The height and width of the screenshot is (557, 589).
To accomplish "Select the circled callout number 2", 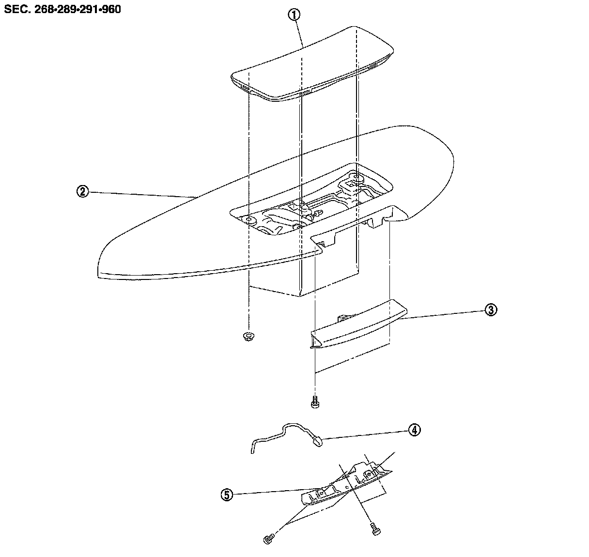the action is click(x=82, y=192).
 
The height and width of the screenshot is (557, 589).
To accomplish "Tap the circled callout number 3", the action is click(x=490, y=310).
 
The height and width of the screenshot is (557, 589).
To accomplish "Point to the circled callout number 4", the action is click(x=414, y=430).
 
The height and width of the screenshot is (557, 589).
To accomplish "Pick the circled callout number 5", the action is click(x=227, y=495).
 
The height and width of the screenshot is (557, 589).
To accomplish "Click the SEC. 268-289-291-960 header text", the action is click(x=63, y=9).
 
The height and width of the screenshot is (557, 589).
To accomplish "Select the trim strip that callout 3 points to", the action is click(x=358, y=325).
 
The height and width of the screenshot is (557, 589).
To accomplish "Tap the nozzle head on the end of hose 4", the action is click(x=318, y=440).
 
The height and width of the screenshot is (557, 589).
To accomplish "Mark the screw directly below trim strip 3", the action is click(x=315, y=402).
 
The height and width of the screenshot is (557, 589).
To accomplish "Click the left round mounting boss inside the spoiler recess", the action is click(x=250, y=220).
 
